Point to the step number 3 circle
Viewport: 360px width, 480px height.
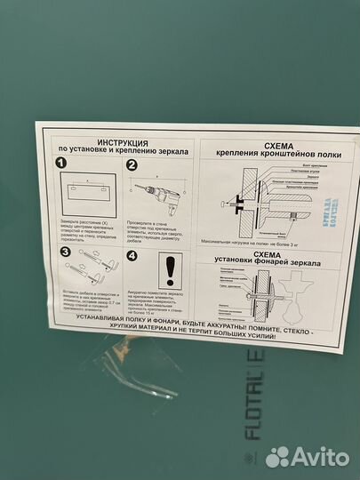point(64,252)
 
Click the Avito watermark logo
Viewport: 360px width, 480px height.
point(307,456)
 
